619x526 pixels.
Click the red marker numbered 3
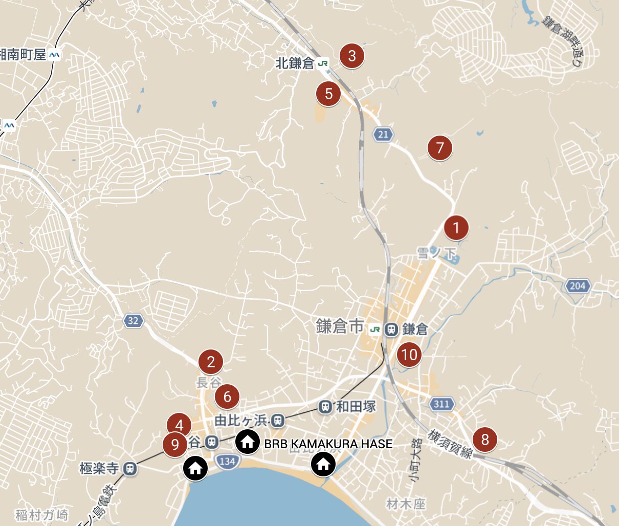pyautogui.click(x=351, y=55)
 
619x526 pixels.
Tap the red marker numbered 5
pyautogui.click(x=328, y=94)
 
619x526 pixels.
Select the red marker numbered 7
pyautogui.click(x=440, y=148)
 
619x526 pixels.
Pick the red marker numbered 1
pyautogui.click(x=456, y=228)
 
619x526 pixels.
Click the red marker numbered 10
pyautogui.click(x=409, y=355)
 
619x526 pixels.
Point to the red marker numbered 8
pyautogui.click(x=484, y=439)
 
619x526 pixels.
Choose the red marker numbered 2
pyautogui.click(x=211, y=362)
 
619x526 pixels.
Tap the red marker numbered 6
pyautogui.click(x=227, y=397)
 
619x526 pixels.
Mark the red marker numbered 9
pyautogui.click(x=175, y=444)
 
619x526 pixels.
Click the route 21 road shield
pyautogui.click(x=384, y=135)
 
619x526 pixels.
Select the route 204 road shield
pyautogui.click(x=578, y=286)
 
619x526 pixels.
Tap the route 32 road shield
pyautogui.click(x=133, y=321)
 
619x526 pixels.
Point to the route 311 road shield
pyautogui.click(x=441, y=404)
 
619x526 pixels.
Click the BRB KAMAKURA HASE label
pyautogui.click(x=328, y=444)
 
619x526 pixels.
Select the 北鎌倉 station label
pyautogui.click(x=295, y=63)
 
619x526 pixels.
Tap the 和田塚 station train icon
pyautogui.click(x=325, y=407)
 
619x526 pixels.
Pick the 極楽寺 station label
pyautogui.click(x=99, y=468)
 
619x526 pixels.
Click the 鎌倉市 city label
pyautogui.click(x=340, y=327)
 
